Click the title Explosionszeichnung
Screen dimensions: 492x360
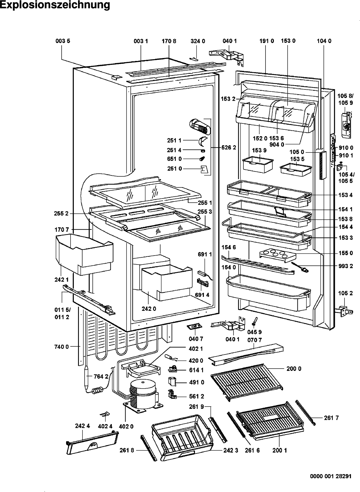pyautogui.click(x=55, y=5)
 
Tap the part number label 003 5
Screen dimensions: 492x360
pyautogui.click(x=63, y=41)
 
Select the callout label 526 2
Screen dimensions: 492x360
pyautogui.click(x=229, y=147)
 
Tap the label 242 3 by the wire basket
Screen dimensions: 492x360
pyautogui.click(x=231, y=450)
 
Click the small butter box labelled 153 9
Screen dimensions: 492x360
pyautogui.click(x=257, y=164)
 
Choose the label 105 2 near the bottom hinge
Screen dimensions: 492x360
pyautogui.click(x=345, y=294)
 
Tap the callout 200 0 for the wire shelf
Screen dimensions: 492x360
pyautogui.click(x=294, y=369)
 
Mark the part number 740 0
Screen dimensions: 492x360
pyautogui.click(x=62, y=347)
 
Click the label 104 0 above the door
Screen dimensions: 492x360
pyautogui.click(x=324, y=41)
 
